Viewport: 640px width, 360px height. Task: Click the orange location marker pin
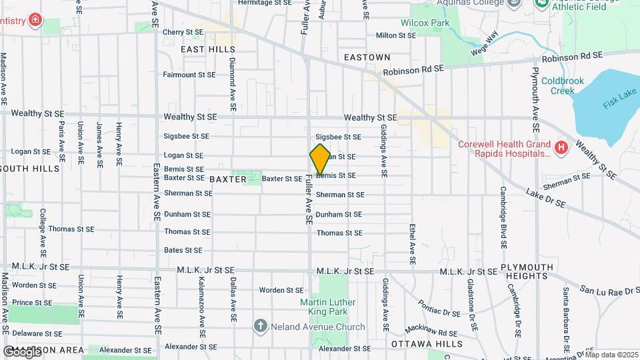320,159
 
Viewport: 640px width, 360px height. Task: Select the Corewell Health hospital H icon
561,147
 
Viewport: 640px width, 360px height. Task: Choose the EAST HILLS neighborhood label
208,49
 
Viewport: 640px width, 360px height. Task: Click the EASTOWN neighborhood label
367,58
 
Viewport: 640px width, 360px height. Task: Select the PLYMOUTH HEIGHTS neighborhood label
529,271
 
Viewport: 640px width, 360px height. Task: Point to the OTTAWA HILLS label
427,343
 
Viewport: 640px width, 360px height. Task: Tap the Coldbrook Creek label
562,85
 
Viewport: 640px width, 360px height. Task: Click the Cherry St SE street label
183,31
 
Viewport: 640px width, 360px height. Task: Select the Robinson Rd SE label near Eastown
413,69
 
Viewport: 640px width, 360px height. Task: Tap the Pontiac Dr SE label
439,307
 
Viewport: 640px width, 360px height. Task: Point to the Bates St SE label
183,250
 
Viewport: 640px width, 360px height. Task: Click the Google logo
22,351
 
